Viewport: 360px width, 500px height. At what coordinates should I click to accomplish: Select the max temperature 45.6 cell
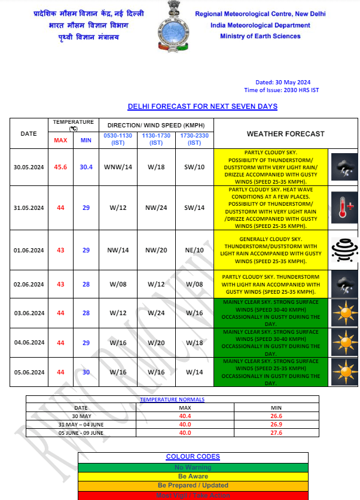coord(61,167)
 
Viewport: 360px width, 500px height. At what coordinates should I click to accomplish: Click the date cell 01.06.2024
coord(29,250)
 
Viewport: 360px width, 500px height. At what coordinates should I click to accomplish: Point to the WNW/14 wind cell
coord(118,167)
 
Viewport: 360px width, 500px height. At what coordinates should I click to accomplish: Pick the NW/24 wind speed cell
coord(156,208)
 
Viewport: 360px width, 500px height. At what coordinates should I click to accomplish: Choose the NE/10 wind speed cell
coord(194,250)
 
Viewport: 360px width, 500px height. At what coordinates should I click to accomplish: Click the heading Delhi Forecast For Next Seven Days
coord(202,106)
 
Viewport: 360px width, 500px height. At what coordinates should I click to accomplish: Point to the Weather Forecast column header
coord(285,133)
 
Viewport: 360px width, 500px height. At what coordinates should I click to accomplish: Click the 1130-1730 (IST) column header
coord(156,139)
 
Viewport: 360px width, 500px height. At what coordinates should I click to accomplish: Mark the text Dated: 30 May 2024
coord(282,83)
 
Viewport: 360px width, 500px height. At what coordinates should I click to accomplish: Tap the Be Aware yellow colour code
coord(193,476)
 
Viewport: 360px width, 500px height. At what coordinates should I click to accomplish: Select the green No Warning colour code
coord(193,467)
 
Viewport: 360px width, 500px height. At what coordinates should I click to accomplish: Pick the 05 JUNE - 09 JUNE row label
coord(80,432)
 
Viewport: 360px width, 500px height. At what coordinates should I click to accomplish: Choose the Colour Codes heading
coord(193,456)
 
